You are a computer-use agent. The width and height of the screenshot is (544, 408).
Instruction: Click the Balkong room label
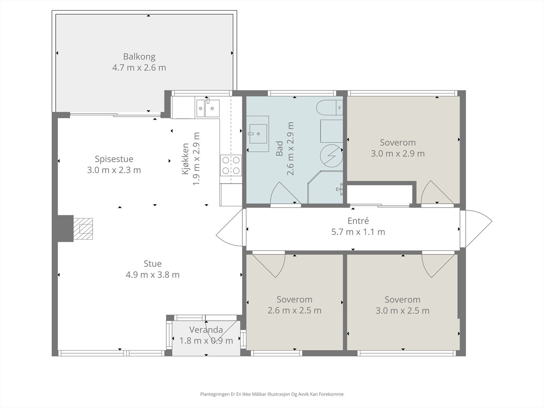click(139, 57)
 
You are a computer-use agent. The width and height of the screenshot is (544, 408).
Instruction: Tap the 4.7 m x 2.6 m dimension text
click(139, 68)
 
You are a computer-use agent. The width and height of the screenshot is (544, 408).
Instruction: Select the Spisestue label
click(114, 159)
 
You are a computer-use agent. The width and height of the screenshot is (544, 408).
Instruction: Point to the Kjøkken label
click(185, 159)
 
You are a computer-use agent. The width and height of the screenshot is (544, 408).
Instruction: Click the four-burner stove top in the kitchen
click(231, 165)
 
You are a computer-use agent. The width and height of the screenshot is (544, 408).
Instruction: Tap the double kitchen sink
click(208, 108)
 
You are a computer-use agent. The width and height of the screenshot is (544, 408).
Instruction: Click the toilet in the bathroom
click(329, 107)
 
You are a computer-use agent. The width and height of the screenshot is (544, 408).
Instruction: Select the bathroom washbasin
click(258, 134)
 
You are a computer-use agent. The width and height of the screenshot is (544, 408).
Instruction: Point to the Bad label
click(279, 148)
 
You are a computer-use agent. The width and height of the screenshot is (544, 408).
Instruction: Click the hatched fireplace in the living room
click(83, 228)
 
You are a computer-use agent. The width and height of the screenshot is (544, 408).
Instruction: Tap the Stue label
click(153, 263)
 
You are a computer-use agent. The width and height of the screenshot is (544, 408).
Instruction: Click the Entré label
click(358, 221)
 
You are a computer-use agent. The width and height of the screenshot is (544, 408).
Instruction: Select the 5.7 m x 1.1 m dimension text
click(358, 232)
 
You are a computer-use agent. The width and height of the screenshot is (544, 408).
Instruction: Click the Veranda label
click(206, 330)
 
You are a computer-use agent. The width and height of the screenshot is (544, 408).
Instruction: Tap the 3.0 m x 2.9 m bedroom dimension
click(398, 154)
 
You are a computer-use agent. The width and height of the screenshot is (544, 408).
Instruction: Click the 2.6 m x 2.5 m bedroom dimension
click(294, 310)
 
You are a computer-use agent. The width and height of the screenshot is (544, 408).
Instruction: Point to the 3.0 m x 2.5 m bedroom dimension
click(403, 311)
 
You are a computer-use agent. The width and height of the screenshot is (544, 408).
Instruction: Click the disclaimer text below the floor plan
click(272, 394)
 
